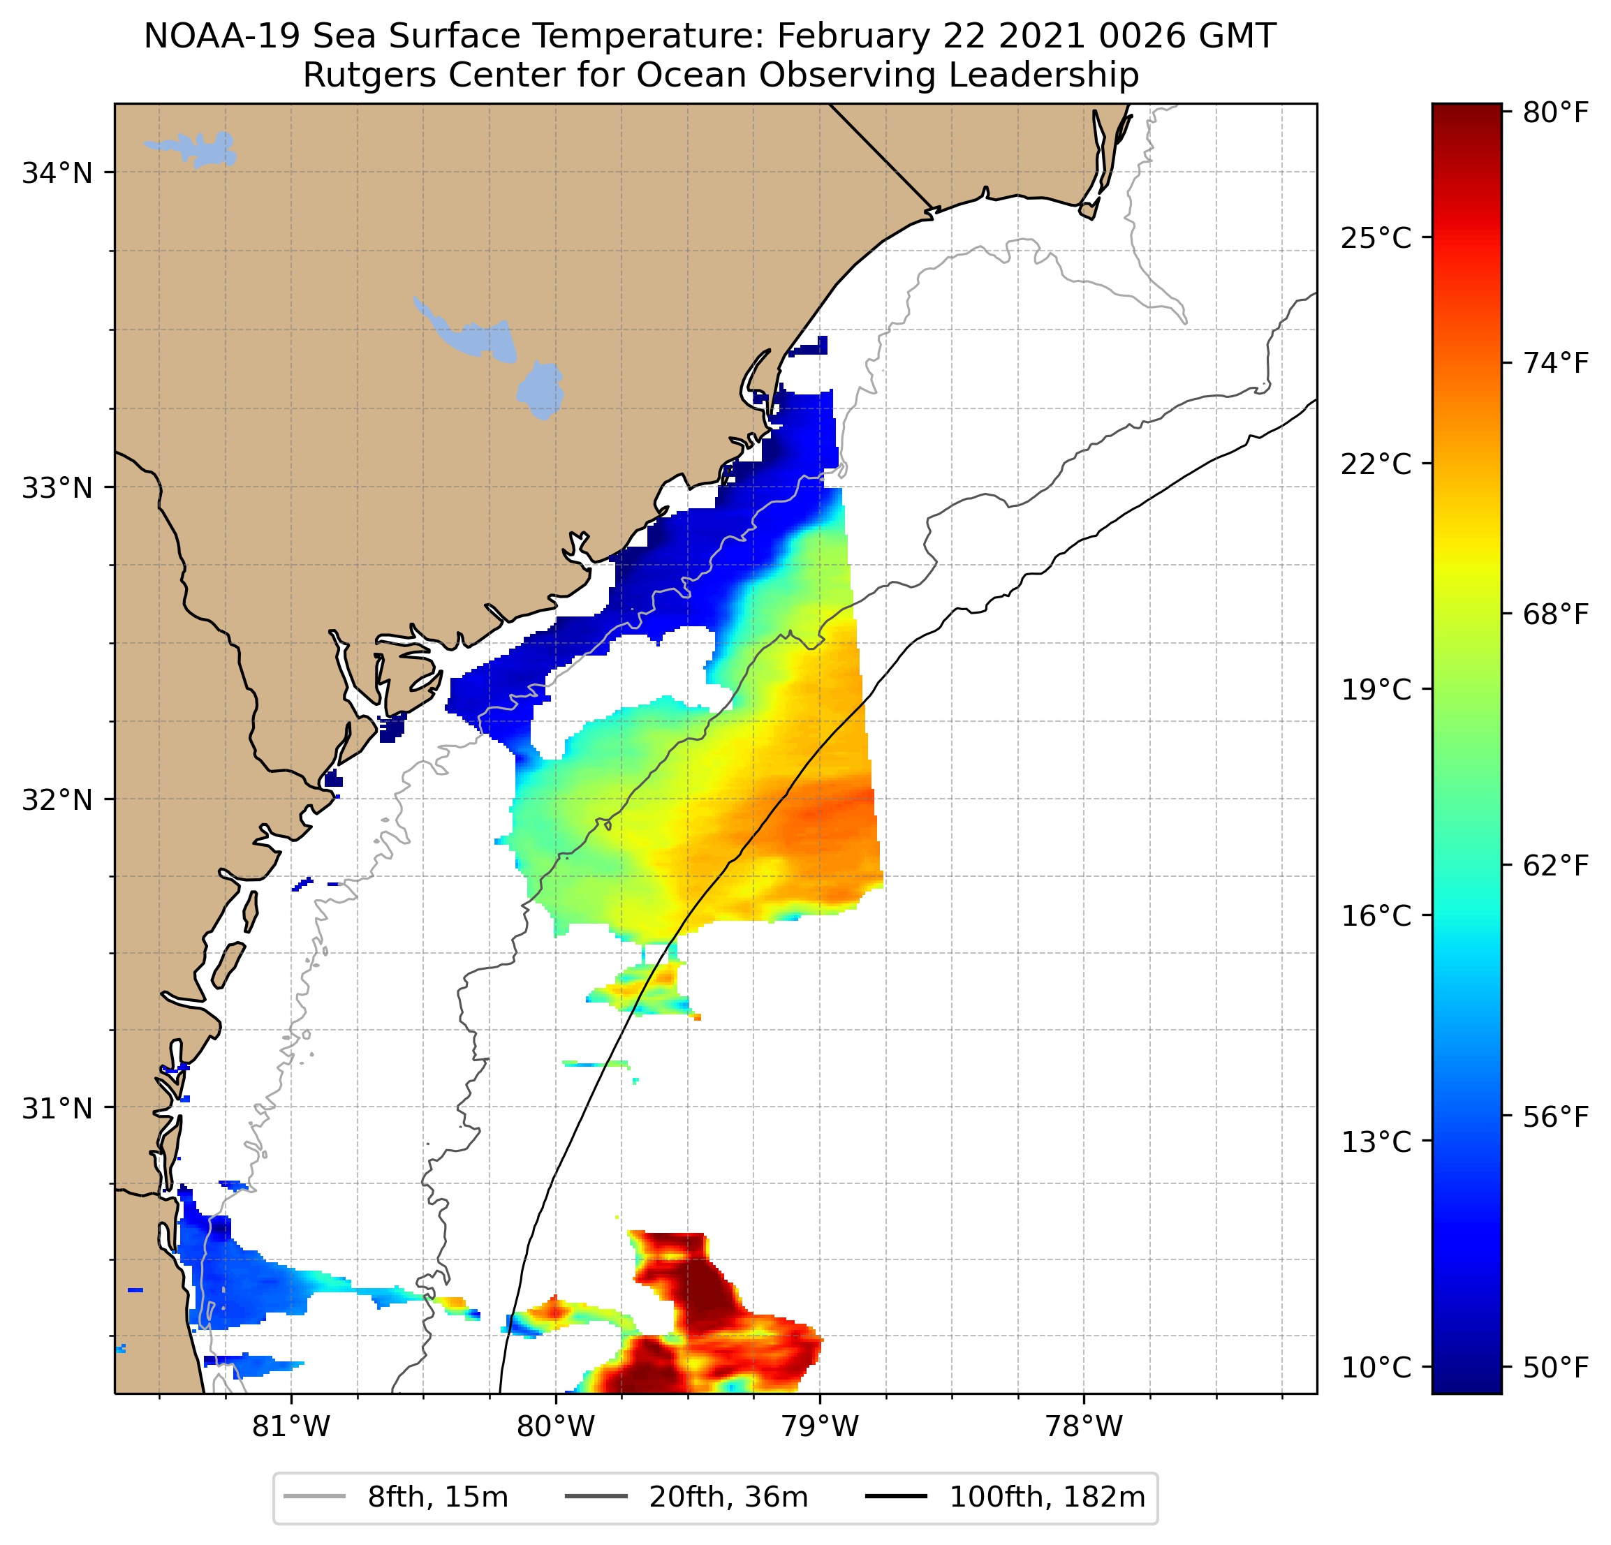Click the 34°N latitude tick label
click(57, 173)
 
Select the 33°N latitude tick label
click(57, 487)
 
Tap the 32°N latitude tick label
click(57, 799)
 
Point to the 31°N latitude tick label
click(57, 1109)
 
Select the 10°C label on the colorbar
click(1376, 1368)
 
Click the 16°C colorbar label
click(1376, 915)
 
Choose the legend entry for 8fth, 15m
click(437, 1498)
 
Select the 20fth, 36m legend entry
click(728, 1498)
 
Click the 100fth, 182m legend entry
click(1046, 1498)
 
